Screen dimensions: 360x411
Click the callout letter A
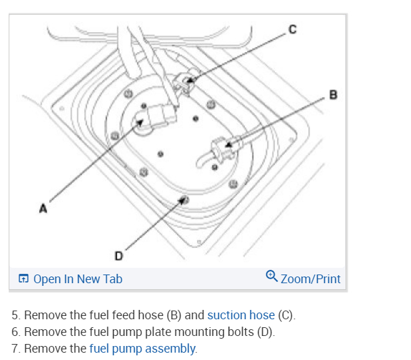tap(43, 208)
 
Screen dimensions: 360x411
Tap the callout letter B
tap(333, 95)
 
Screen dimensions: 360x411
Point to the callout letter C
tap(293, 29)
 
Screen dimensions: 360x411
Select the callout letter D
tap(118, 255)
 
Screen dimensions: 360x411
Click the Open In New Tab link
tap(78, 279)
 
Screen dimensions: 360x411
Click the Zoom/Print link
tap(310, 279)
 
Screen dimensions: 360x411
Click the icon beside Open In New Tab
tap(23, 279)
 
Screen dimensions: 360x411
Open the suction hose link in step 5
tap(241, 315)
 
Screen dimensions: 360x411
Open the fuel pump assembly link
tap(142, 348)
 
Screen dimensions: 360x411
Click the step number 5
tap(15, 315)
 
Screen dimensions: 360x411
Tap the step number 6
tap(15, 331)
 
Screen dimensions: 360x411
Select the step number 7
tap(15, 348)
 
